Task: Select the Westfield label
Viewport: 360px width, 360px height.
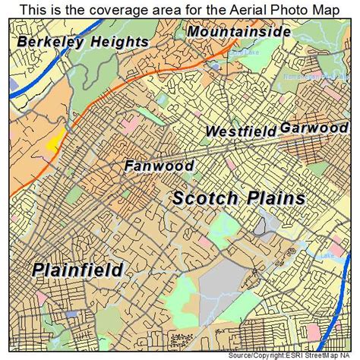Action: pyautogui.click(x=241, y=131)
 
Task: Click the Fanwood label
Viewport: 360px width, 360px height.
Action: pyautogui.click(x=160, y=165)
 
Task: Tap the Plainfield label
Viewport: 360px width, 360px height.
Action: pyautogui.click(x=77, y=269)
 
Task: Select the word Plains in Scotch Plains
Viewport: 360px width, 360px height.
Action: pyautogui.click(x=274, y=198)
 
